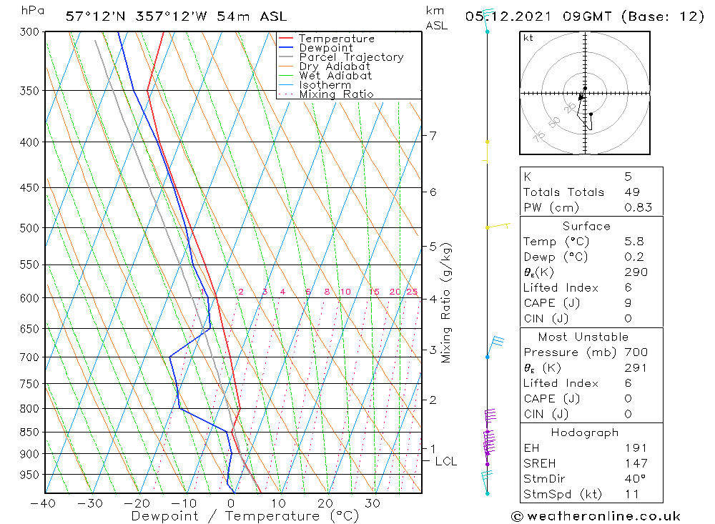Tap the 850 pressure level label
[29, 432]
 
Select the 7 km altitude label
[433, 135]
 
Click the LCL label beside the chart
[445, 462]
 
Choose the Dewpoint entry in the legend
[325, 48]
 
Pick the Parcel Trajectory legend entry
[350, 57]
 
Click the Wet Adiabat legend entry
[335, 76]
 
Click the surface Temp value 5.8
[633, 242]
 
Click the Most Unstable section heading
[583, 337]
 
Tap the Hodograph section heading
[586, 432]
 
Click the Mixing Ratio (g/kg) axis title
[447, 303]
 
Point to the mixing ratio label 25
[412, 292]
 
